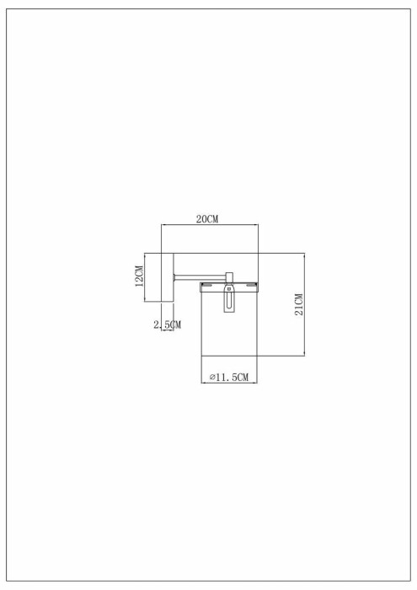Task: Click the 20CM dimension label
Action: tap(207, 219)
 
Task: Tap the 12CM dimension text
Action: tap(139, 276)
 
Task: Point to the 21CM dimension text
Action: tap(299, 304)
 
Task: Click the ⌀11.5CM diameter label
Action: tap(228, 377)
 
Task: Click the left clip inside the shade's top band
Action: tap(206, 286)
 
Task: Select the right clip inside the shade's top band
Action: tap(251, 286)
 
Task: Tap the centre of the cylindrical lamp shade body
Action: tap(229, 333)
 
